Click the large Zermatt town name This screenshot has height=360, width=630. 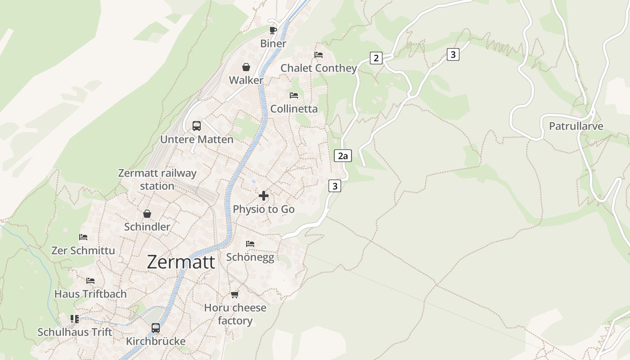click(x=181, y=262)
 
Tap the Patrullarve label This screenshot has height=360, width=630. click(x=576, y=126)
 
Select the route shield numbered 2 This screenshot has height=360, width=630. click(x=376, y=58)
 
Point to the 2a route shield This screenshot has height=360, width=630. click(x=343, y=156)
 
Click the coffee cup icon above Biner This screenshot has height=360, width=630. click(x=273, y=30)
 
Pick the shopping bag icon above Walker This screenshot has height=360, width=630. click(x=246, y=67)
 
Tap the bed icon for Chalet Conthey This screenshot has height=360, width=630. click(x=319, y=55)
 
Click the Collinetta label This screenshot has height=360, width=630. click(x=294, y=109)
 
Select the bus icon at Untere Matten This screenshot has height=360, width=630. click(x=197, y=126)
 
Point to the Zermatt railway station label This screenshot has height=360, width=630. click(x=157, y=180)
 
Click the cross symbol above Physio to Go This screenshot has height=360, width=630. click(x=264, y=196)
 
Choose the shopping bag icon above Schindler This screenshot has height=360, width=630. click(x=147, y=214)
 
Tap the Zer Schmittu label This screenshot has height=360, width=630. click(x=83, y=251)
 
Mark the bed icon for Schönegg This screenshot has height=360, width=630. click(x=250, y=244)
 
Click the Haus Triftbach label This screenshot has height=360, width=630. click(x=90, y=294)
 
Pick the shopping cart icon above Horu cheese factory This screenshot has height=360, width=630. click(x=234, y=295)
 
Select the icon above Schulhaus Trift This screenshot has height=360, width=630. click(x=75, y=319)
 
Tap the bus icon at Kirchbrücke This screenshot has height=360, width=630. click(x=156, y=328)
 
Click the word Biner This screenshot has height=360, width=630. click(x=273, y=44)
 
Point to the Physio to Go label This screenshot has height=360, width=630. click(x=264, y=209)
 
